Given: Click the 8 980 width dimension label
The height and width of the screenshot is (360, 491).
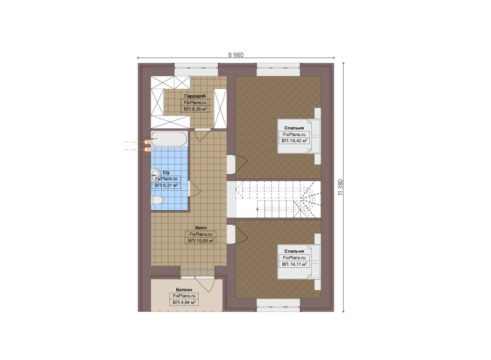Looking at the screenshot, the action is coord(236,55).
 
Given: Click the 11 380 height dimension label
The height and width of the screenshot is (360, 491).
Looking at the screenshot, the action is coord(340,188).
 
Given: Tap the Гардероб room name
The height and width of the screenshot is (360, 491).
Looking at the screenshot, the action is coord(195,96).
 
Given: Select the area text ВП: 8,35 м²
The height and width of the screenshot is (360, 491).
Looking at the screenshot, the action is coord(195,109).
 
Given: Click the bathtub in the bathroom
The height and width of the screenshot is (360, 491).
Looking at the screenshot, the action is coord(169,139).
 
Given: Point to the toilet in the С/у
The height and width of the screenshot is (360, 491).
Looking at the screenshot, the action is coord(157,200).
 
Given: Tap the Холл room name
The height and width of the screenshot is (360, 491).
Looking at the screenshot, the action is coord(201,228).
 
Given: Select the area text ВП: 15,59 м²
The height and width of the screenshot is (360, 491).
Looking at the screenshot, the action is coord(201,241).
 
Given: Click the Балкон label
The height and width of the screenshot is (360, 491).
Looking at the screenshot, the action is coord(184,290).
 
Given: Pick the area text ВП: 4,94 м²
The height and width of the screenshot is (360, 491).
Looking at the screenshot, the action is coord(184,303).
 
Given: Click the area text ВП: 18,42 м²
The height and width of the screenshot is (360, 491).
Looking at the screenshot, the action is coord(294,141).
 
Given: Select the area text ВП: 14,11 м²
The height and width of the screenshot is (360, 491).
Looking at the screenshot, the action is coord(294,264).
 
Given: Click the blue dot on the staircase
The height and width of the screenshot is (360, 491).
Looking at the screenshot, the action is coord(257,209).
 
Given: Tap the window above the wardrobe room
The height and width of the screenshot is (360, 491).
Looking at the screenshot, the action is coord(196,69).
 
